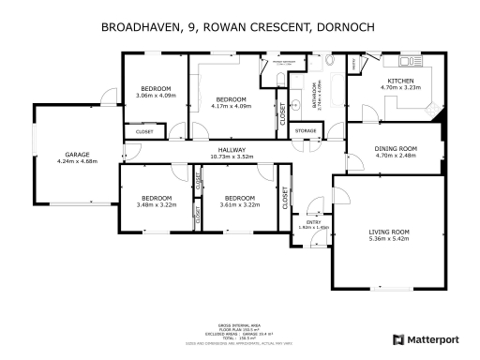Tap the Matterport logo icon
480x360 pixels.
point(397,337)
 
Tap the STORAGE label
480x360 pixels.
point(306,130)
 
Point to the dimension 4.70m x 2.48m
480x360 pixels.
point(395,155)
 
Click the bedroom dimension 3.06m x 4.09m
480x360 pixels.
point(156,96)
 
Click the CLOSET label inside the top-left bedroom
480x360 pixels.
point(144,132)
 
